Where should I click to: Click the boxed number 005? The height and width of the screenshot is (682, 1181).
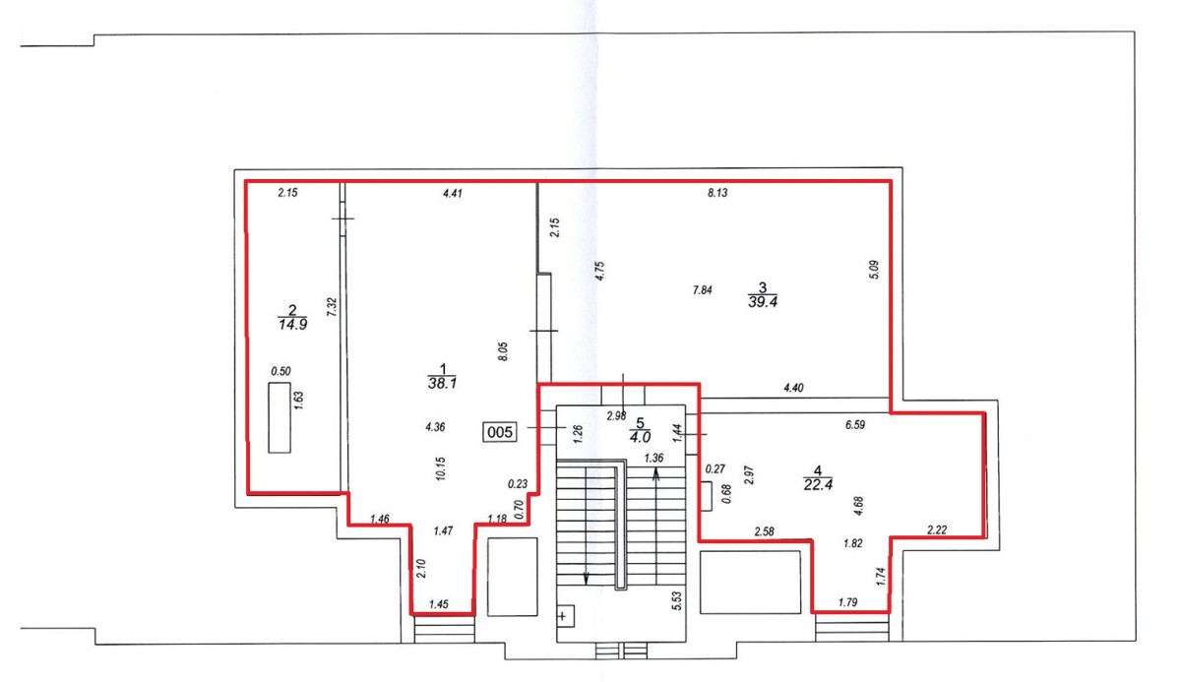click(500, 432)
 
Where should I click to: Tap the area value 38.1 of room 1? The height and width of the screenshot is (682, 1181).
click(442, 383)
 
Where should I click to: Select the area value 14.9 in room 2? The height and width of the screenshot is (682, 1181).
click(292, 324)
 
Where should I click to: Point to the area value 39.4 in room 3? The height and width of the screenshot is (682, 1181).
click(763, 302)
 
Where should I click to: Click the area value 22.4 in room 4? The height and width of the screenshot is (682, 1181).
click(818, 484)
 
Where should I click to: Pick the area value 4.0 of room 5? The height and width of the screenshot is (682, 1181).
click(640, 437)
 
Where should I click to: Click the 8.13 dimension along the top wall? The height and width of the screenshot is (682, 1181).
click(717, 193)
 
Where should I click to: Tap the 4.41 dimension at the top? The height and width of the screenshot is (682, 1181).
click(453, 194)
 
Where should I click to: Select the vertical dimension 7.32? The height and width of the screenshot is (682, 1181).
click(332, 307)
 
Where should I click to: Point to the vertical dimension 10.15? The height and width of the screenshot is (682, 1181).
click(441, 468)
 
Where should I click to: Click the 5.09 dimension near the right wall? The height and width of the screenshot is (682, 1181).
click(874, 270)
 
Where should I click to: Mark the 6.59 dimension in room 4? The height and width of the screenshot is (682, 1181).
click(855, 425)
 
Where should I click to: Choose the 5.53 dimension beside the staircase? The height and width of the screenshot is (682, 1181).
click(676, 601)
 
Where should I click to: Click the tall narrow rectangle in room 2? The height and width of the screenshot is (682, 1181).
click(280, 417)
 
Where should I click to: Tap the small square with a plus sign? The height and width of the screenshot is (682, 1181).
click(565, 616)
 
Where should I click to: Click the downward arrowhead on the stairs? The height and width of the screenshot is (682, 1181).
click(586, 580)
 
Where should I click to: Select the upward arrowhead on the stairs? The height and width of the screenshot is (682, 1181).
click(655, 474)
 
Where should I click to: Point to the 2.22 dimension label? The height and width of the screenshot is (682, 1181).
click(937, 530)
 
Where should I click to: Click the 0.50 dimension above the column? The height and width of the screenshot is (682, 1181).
click(280, 372)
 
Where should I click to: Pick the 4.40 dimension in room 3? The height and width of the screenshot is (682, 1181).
click(793, 389)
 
